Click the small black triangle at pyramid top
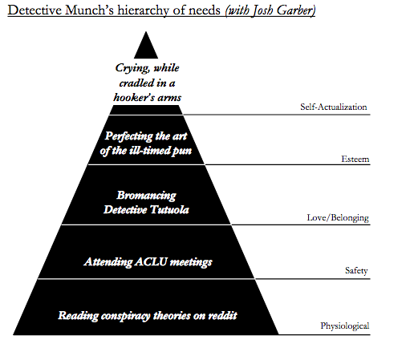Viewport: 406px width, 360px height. click(x=146, y=46)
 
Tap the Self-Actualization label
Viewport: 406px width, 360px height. click(x=334, y=107)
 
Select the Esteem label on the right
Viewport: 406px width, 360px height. click(x=355, y=159)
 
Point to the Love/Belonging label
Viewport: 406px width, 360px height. click(x=338, y=218)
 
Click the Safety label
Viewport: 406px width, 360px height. click(x=356, y=270)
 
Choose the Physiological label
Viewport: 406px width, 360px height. click(x=345, y=326)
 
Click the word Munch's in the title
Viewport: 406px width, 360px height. click(x=89, y=10)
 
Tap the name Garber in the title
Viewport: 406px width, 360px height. click(x=295, y=10)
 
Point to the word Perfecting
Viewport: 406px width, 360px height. click(x=129, y=136)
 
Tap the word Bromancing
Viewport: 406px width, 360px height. click(x=146, y=196)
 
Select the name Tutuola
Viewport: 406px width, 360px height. click(x=169, y=209)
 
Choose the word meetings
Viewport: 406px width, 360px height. click(x=191, y=262)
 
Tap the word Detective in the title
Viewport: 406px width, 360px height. click(x=35, y=10)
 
